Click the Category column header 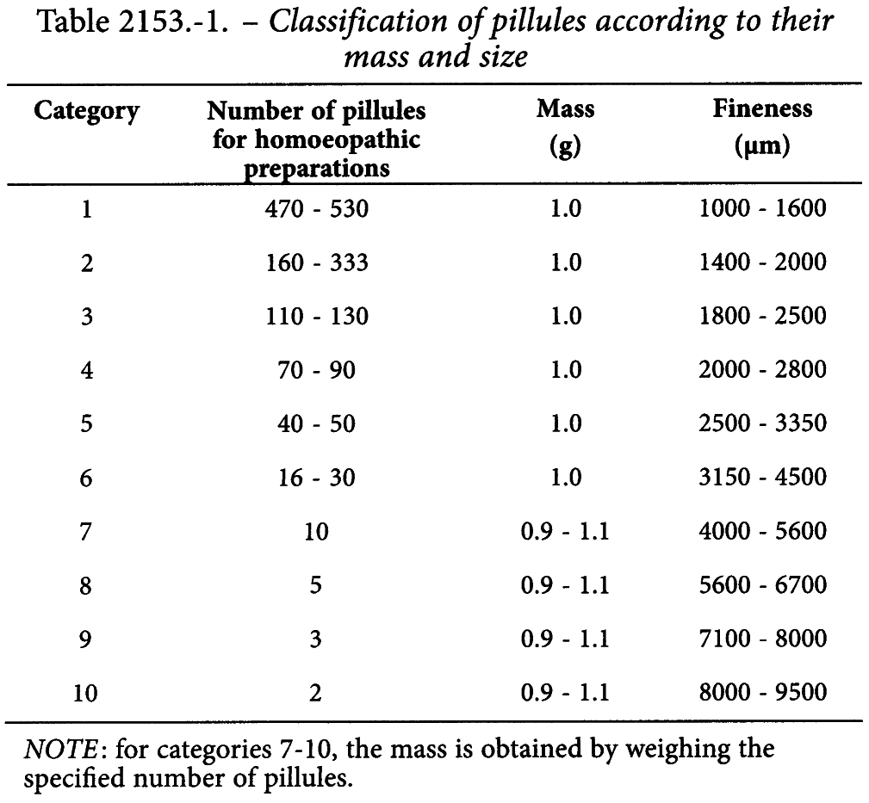coord(86,111)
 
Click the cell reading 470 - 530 coord(316,209)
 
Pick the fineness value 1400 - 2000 coord(762,262)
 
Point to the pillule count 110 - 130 coord(316,316)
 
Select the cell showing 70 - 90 coord(316,370)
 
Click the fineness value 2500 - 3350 coord(762,423)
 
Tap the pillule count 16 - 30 coord(316,478)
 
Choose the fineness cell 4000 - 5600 coord(762,531)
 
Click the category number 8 coord(85,585)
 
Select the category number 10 coord(85,693)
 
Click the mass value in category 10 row coord(565,693)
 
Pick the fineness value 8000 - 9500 coord(762,693)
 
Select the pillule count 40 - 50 coord(316,423)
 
